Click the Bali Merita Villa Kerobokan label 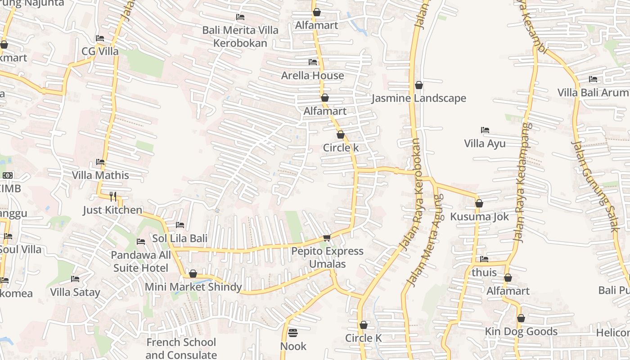coord(240,36)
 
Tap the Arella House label coord(312,76)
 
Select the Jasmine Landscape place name coord(418,98)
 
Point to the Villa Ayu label coord(485,144)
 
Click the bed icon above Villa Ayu coord(485,130)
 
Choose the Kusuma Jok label coord(479,216)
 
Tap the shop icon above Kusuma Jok coord(479,203)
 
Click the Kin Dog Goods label coord(521,332)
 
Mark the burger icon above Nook coord(293,333)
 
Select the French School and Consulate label coord(181,348)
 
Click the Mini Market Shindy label coord(193,287)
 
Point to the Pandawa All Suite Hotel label coord(141,261)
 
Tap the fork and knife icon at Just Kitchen coord(113,196)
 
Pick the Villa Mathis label coord(100,175)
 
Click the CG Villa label coord(100,51)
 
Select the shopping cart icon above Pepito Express coord(327,238)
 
